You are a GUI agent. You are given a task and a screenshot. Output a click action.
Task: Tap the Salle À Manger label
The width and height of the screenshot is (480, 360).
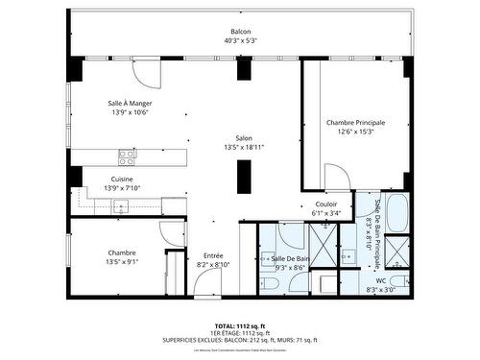click(130, 103)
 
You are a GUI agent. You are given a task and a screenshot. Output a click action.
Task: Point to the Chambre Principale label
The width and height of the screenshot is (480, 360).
click(355, 123)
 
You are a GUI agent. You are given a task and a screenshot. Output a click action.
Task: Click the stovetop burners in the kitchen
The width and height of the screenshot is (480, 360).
click(127, 154)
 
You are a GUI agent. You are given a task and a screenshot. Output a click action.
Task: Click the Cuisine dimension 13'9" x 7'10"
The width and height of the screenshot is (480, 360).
click(122, 189)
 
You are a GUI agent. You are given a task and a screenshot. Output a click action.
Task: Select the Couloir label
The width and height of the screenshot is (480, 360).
click(325, 204)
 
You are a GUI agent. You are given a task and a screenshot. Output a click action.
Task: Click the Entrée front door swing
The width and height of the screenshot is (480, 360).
click(204, 281)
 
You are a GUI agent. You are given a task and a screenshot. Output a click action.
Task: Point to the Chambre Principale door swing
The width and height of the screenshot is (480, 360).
click(336, 177)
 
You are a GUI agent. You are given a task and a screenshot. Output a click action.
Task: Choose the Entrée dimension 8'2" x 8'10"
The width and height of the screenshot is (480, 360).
click(212, 264)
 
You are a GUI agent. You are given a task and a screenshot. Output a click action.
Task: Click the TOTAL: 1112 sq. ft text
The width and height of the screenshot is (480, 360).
click(240, 325)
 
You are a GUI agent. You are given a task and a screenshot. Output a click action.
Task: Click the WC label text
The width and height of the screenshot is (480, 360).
click(381, 280)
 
